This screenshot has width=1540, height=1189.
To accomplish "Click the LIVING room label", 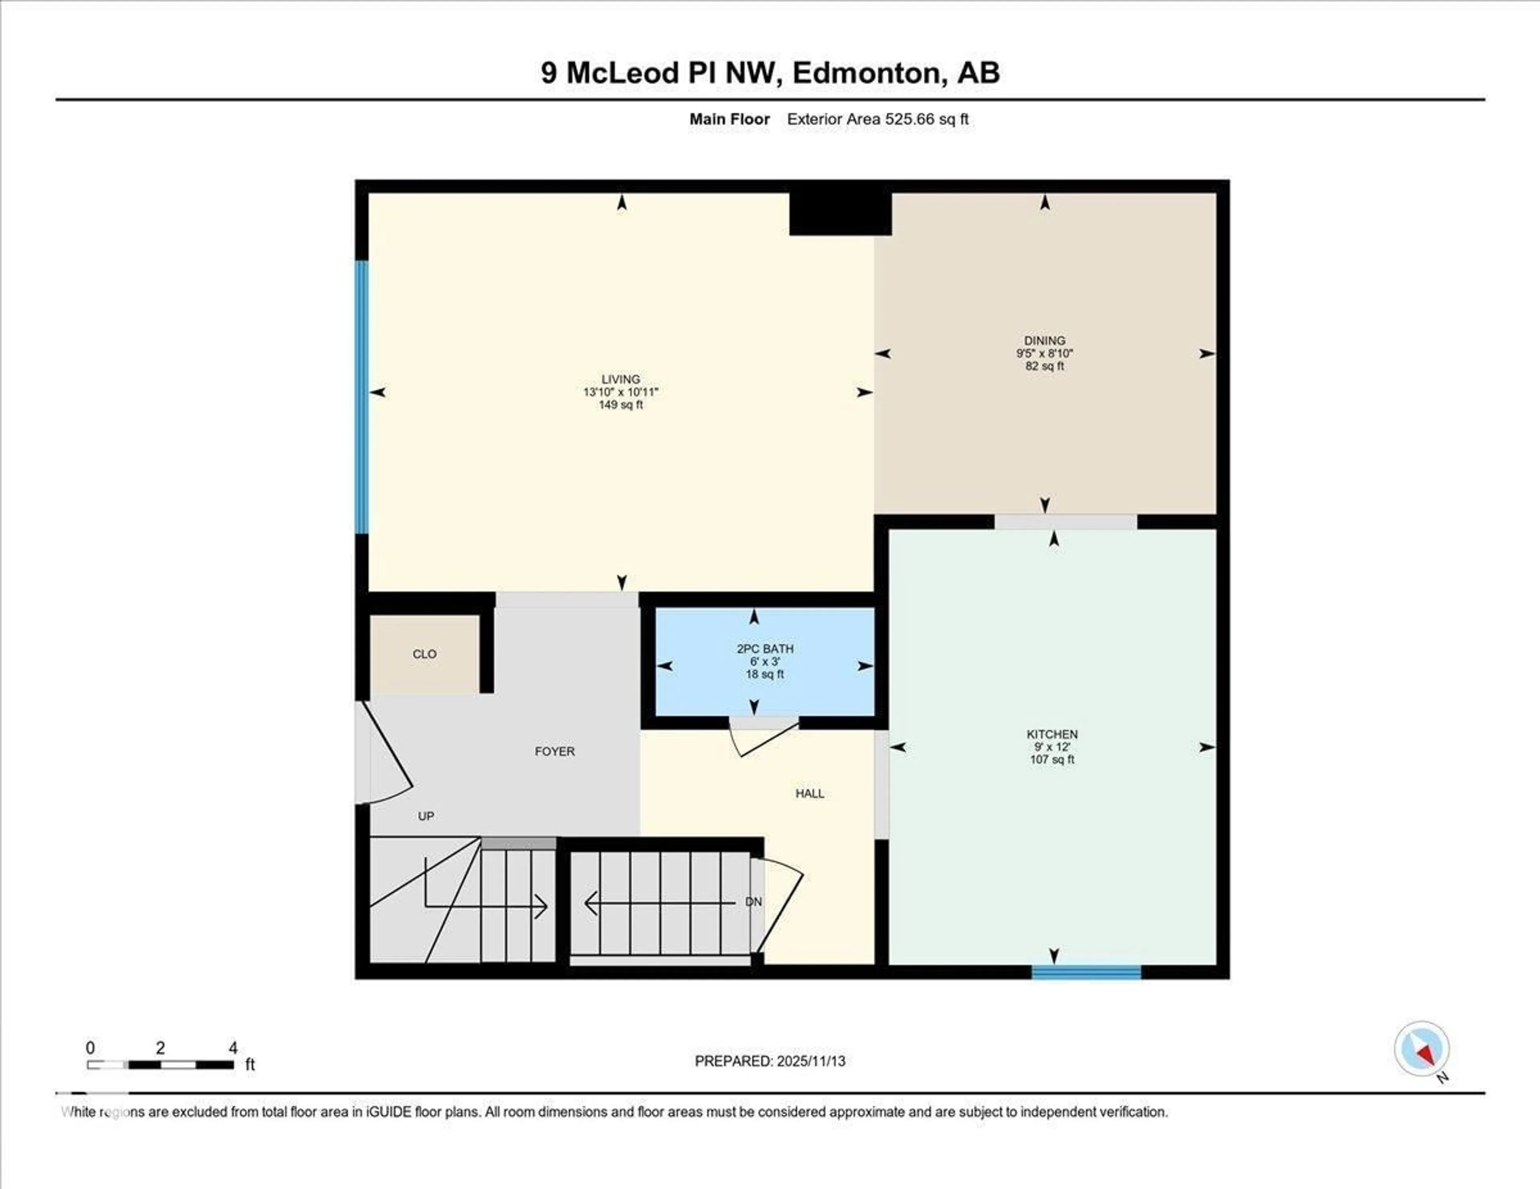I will [x=620, y=379].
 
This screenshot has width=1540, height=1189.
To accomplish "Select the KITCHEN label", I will [x=1052, y=734].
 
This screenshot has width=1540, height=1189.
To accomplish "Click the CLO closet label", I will [x=424, y=654].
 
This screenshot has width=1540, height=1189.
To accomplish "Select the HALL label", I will [x=809, y=794].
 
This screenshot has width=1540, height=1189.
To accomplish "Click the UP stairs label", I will [x=426, y=816].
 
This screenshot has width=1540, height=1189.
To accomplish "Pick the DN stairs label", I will [x=753, y=902].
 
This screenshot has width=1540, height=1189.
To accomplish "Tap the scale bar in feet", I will [x=161, y=1064].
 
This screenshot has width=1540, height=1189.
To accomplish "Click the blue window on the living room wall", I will [x=362, y=397].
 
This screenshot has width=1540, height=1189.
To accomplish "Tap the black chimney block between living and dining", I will [x=840, y=214].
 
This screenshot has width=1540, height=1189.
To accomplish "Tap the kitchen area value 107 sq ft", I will [x=1052, y=760].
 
